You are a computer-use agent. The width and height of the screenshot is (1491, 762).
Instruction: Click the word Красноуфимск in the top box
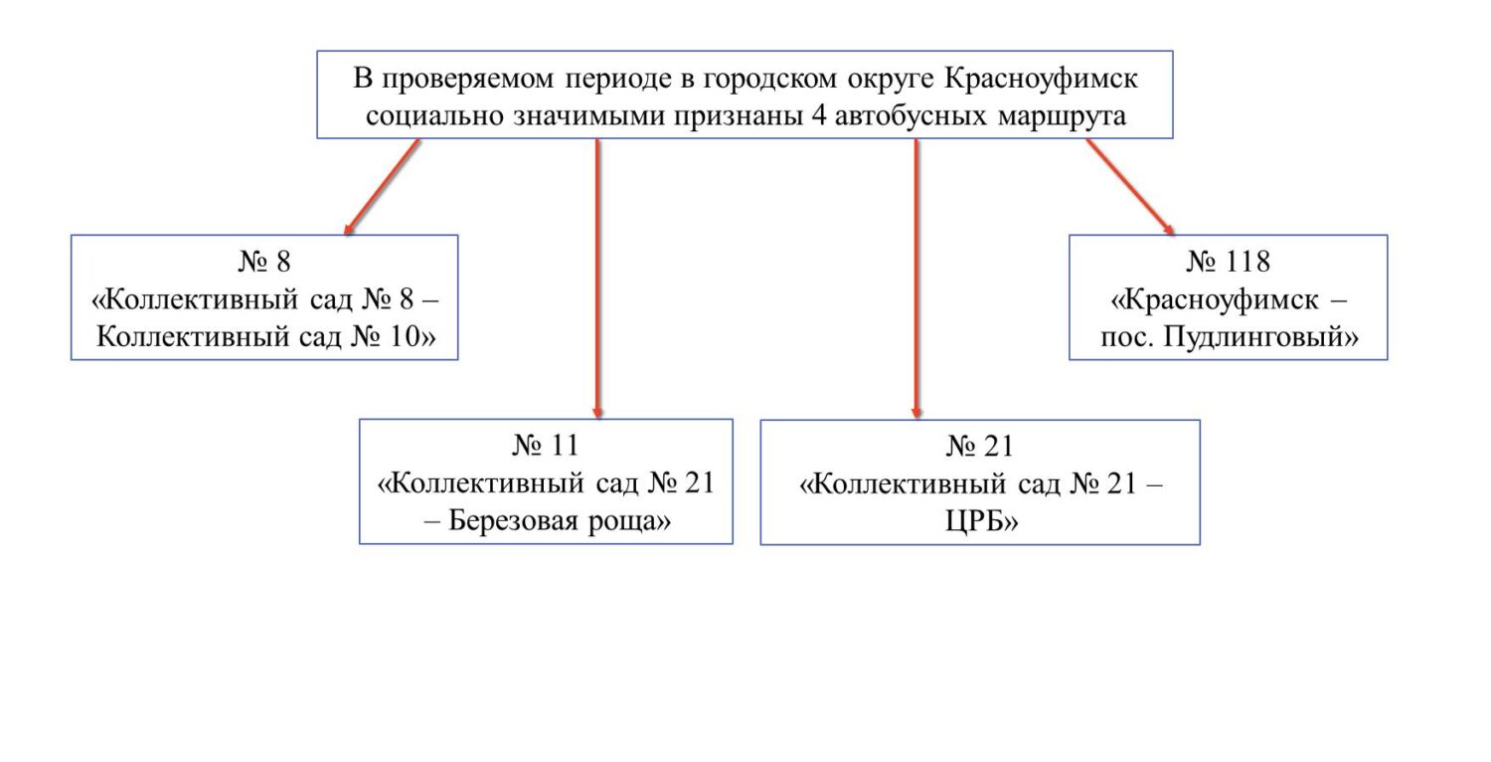(1041, 79)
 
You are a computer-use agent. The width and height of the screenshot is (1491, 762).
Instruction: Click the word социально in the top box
(434, 116)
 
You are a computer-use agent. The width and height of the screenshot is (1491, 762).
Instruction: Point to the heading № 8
(264, 262)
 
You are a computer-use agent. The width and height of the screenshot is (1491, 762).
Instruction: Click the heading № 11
(546, 446)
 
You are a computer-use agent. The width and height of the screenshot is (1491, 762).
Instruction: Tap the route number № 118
(1228, 262)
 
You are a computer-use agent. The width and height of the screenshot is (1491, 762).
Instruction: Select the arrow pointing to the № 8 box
(382, 187)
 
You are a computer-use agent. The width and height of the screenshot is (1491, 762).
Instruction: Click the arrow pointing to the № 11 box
(597, 279)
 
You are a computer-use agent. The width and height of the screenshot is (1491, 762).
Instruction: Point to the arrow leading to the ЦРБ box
(916, 279)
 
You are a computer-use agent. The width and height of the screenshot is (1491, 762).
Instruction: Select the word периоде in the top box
(617, 80)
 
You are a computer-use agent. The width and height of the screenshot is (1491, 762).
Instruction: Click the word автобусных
(911, 116)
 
